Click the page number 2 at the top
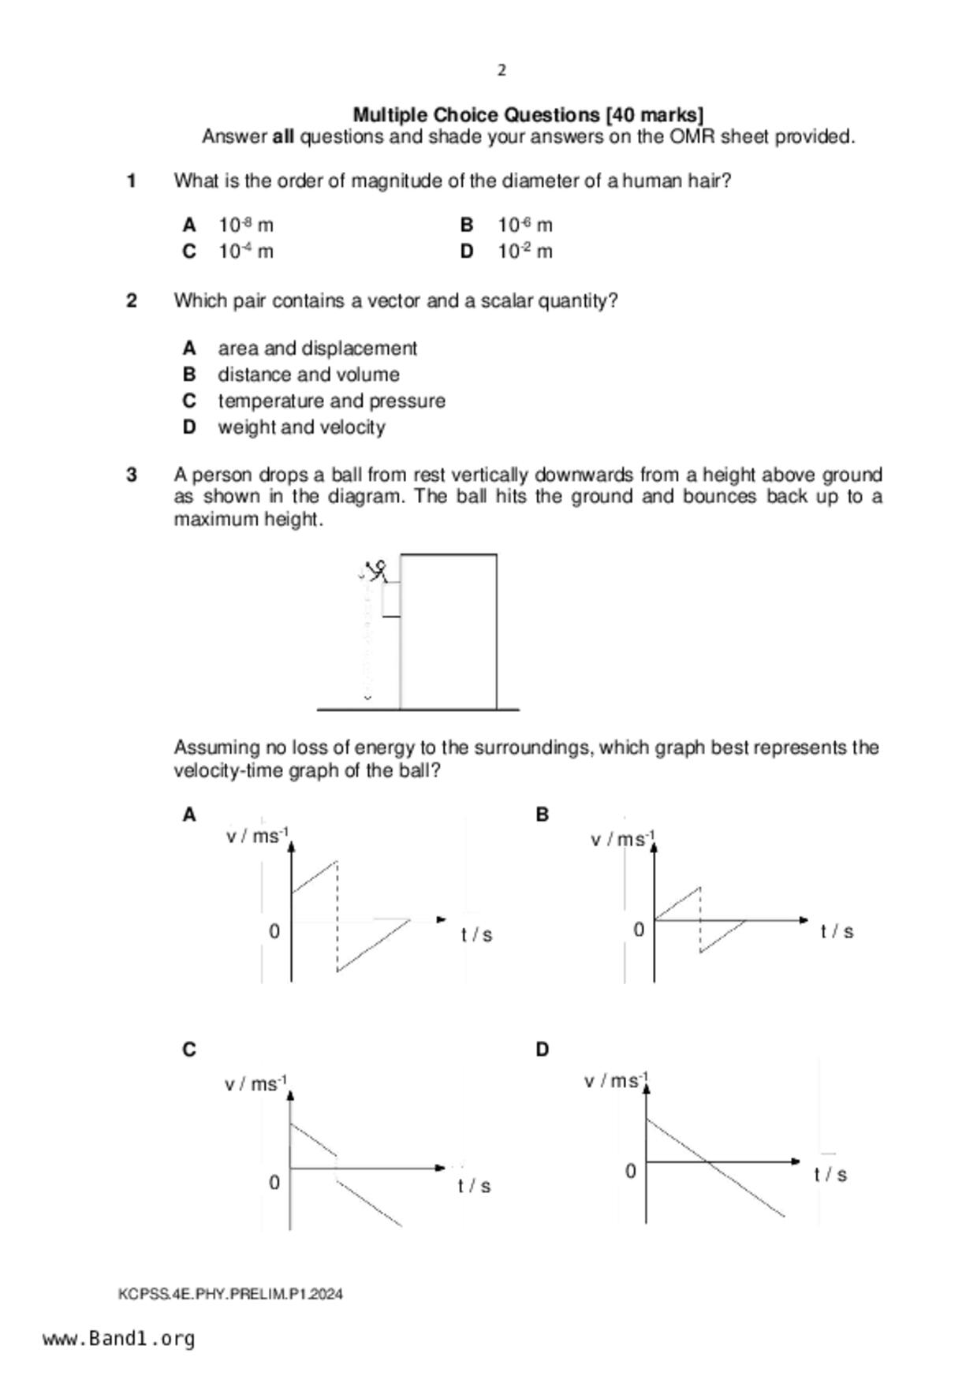coord(502,71)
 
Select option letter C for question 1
coord(189,252)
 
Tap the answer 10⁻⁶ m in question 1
coord(524,226)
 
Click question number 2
coord(132,301)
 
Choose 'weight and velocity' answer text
coord(301,427)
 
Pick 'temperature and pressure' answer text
coord(331,401)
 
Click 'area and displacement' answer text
coord(317,349)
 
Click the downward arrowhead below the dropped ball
coord(367,698)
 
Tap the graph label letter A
coord(189,815)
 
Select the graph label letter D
coord(542,1050)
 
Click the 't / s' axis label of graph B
coord(837,932)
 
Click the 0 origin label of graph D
coord(630,1172)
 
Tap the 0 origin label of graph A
coord(274,932)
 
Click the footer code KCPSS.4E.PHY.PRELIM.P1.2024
coord(230,1294)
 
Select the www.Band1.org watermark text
coord(118,1339)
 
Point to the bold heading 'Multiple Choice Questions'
coord(477,115)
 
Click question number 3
coord(132,475)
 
